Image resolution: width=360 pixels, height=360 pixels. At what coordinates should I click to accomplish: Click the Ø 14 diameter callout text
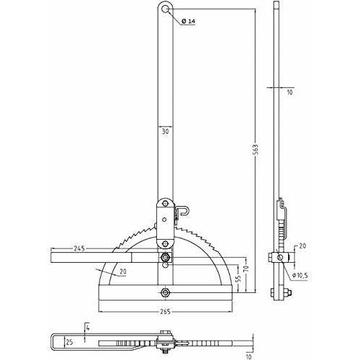click(x=189, y=21)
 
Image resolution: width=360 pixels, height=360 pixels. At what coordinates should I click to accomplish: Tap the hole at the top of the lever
click(x=165, y=9)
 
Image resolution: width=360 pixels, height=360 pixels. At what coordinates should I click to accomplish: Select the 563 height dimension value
click(x=256, y=150)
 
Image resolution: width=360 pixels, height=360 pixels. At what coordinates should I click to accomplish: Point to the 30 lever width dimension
click(x=166, y=132)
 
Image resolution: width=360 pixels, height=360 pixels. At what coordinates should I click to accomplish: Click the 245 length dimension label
click(x=79, y=248)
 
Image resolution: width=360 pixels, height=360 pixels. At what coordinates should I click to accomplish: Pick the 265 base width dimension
click(x=166, y=312)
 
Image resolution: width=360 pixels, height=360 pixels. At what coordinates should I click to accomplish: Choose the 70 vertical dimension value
click(x=248, y=269)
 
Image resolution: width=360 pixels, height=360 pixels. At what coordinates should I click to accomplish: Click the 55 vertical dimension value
click(x=239, y=278)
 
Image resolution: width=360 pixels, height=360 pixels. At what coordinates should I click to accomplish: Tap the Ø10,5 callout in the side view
click(x=300, y=276)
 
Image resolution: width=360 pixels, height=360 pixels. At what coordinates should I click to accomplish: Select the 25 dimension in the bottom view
click(x=69, y=342)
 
